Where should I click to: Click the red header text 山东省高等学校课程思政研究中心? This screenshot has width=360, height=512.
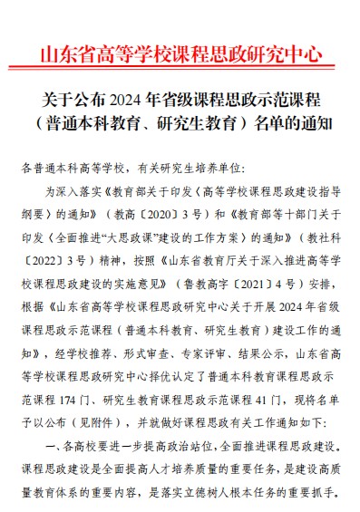coord(180,52)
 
